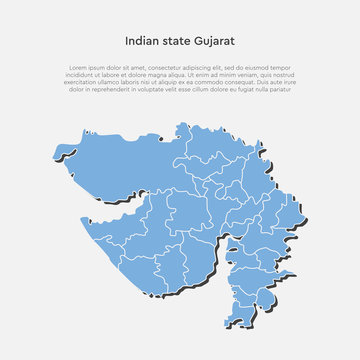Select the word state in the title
tap(176, 42)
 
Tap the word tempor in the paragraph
tap(289, 68)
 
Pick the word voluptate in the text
tap(166, 89)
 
